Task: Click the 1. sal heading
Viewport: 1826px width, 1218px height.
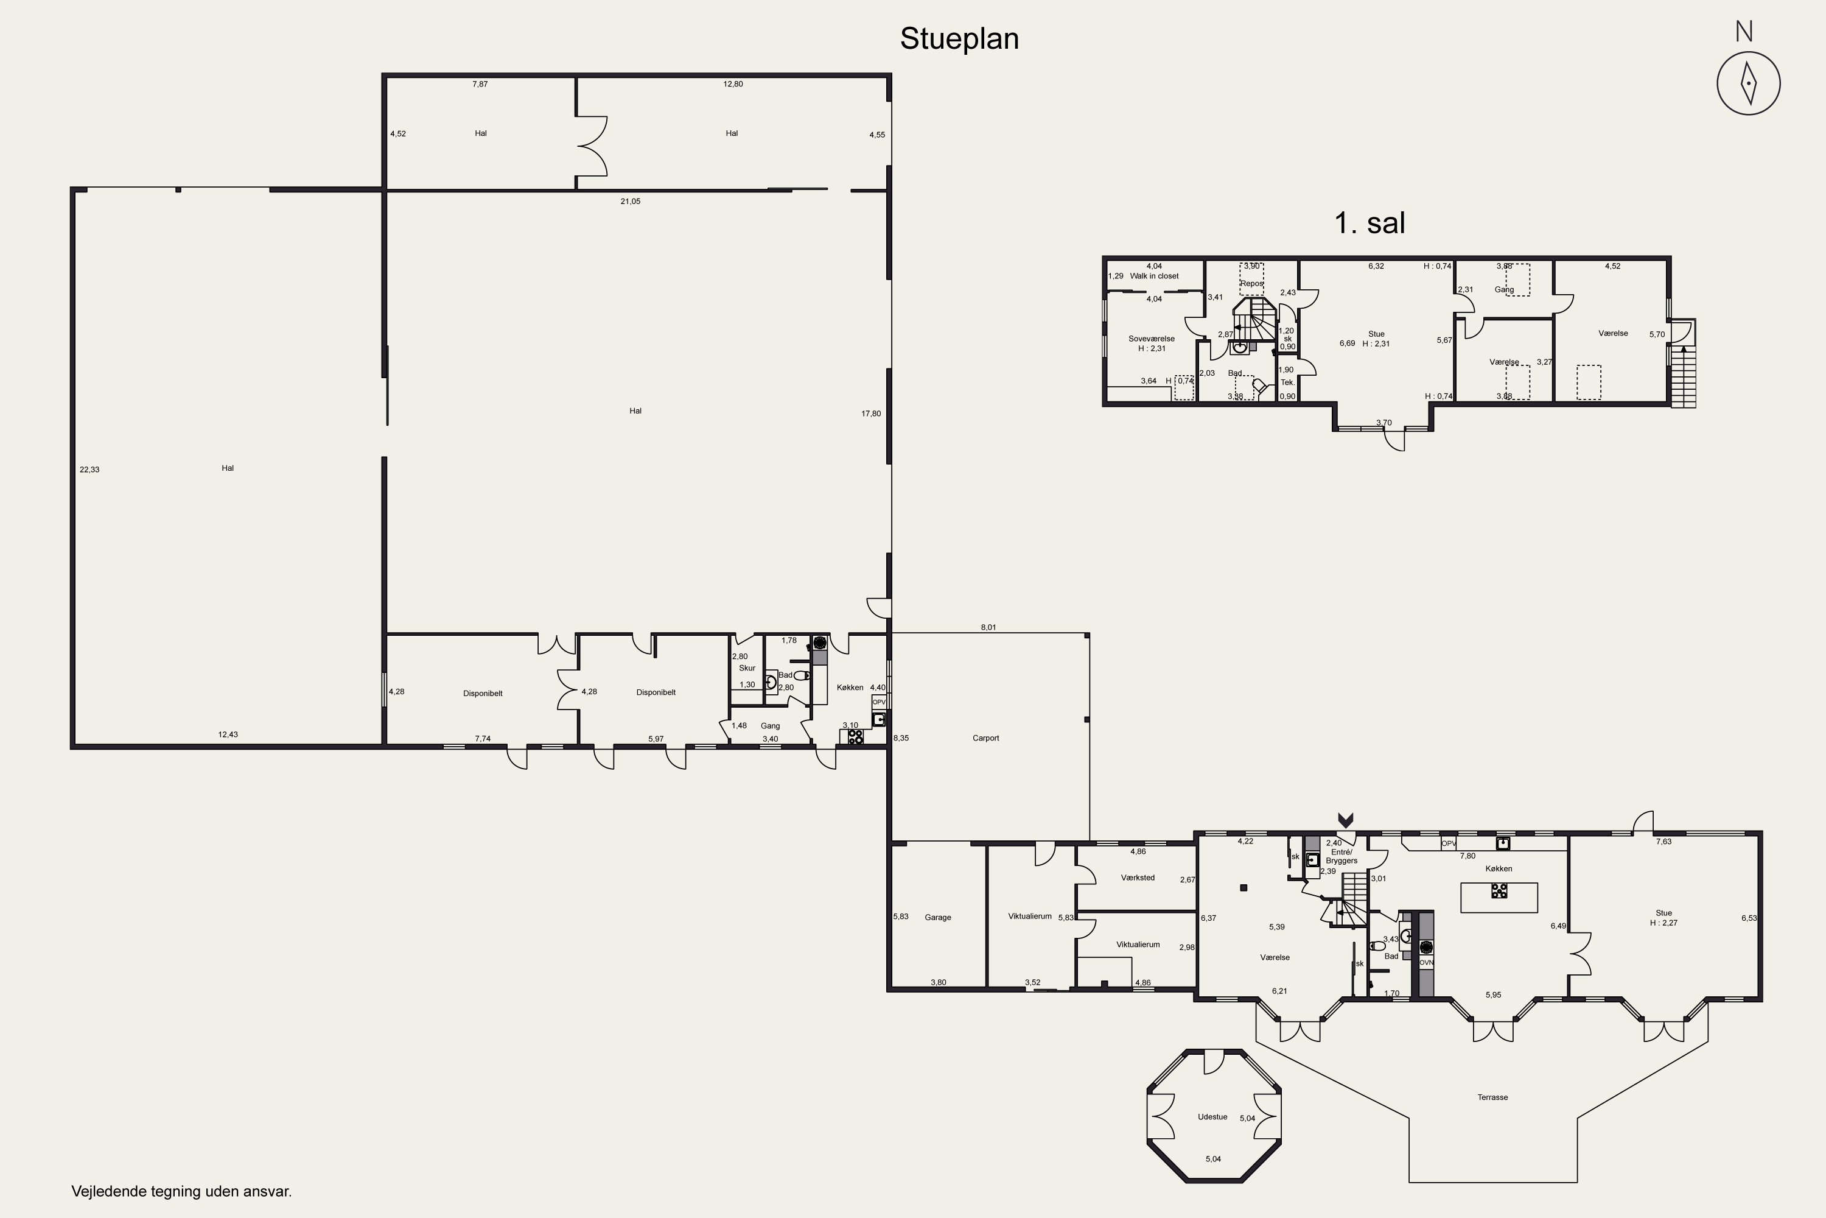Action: (1369, 224)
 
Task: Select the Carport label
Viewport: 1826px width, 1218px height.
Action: (985, 738)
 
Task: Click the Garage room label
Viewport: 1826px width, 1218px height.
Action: (938, 917)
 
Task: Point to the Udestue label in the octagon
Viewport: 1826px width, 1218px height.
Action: (1212, 1117)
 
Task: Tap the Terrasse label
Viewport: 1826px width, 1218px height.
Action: (1492, 1097)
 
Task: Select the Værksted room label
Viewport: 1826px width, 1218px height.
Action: (1138, 878)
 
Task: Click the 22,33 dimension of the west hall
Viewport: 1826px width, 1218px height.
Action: (89, 469)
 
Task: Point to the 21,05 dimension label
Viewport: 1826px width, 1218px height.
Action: (631, 201)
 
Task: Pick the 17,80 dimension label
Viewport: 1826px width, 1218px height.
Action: (871, 414)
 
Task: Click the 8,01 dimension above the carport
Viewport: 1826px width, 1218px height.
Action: (988, 627)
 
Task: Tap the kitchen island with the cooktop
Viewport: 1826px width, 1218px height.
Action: (1499, 897)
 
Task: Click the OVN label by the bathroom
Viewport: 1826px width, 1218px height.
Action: (1426, 962)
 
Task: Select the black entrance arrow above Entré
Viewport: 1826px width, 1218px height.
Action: (1345, 820)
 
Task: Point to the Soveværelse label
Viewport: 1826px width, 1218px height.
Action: (1152, 339)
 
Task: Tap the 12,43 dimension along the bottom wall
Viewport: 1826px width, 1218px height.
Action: (228, 734)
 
